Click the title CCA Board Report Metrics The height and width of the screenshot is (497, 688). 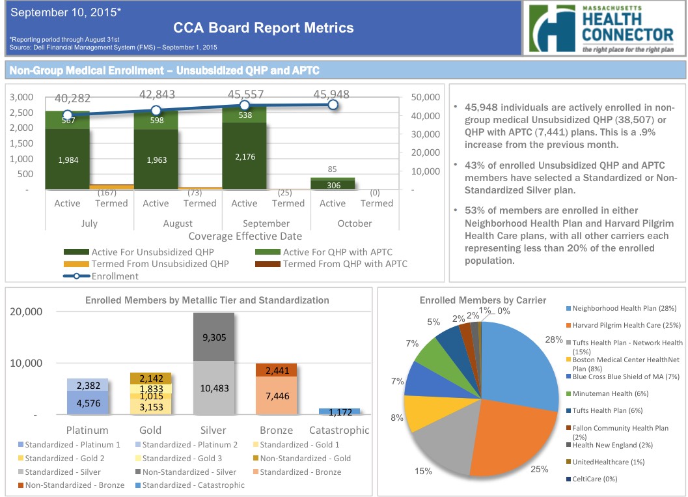pyautogui.click(x=264, y=27)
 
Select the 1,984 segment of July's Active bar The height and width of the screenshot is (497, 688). pyautogui.click(x=67, y=160)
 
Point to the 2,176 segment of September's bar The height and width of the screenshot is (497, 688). pyautogui.click(x=244, y=156)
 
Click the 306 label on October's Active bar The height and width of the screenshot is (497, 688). pyautogui.click(x=333, y=185)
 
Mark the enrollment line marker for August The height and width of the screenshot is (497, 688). pyautogui.click(x=156, y=111)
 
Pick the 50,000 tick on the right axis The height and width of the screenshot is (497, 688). pyautogui.click(x=426, y=97)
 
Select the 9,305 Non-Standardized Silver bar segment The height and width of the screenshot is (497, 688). pyautogui.click(x=213, y=337)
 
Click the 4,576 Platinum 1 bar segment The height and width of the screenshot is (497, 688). pyautogui.click(x=88, y=403)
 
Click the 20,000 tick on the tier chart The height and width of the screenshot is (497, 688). pyautogui.click(x=27, y=311)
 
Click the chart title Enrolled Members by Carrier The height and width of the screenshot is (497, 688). pyautogui.click(x=482, y=300)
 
